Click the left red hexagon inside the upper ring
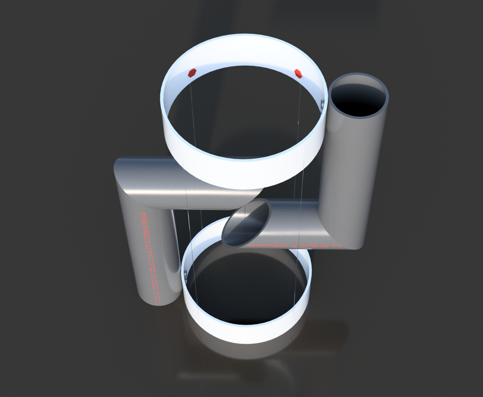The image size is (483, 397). tap(192, 73)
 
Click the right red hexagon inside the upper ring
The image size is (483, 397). tap(298, 73)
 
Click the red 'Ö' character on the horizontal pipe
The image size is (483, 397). tap(294, 245)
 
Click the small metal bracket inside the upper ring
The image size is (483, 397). tap(322, 104)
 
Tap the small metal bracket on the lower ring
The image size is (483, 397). tap(184, 273)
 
